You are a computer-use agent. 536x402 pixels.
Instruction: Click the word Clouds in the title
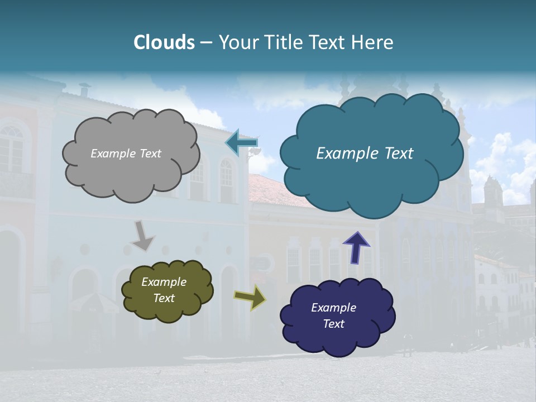pos(164,42)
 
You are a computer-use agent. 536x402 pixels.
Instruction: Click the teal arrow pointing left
pos(242,143)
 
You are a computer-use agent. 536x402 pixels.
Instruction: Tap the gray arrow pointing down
pos(142,235)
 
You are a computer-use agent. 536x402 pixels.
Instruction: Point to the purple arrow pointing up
pos(356,247)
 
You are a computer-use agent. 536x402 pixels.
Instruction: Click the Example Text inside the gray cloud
pos(126,154)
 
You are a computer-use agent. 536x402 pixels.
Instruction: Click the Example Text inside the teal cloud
pos(365,154)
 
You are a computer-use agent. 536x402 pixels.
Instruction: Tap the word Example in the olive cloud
pos(164,282)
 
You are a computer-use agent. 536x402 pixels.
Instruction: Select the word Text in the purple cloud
pos(333,324)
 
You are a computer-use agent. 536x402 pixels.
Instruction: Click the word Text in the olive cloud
pos(164,298)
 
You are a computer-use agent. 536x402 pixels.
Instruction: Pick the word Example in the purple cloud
pos(333,308)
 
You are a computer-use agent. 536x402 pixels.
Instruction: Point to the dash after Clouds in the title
pos(206,43)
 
